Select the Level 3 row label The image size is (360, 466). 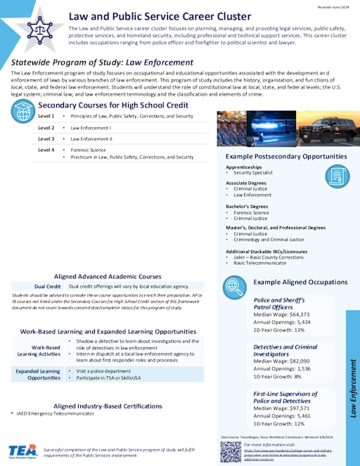click(x=46, y=138)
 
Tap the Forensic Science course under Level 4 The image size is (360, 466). click(x=87, y=150)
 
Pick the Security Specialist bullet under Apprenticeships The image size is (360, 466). click(x=253, y=173)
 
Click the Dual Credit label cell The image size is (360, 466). click(x=48, y=287)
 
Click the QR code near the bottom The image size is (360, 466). click(x=231, y=451)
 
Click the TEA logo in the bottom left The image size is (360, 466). click(x=22, y=451)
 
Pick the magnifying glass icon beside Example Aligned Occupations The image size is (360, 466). click(x=233, y=286)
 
